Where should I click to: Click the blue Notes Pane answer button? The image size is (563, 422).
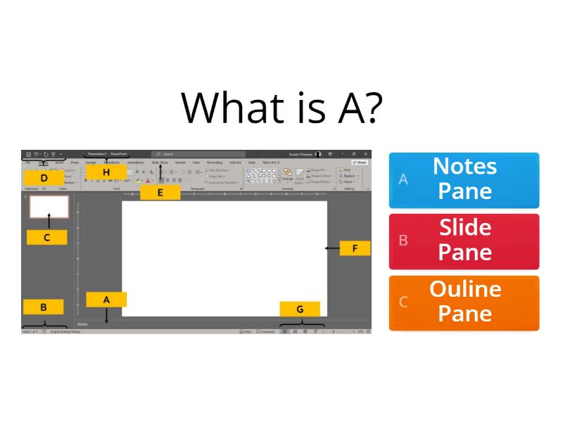pyautogui.click(x=464, y=179)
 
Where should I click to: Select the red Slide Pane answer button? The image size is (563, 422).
pyautogui.click(x=464, y=241)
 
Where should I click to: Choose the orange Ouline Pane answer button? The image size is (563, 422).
pyautogui.click(x=464, y=302)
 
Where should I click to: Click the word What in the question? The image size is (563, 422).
pyautogui.click(x=224, y=107)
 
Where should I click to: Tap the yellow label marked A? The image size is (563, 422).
pyautogui.click(x=106, y=299)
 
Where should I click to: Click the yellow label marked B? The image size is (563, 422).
pyautogui.click(x=44, y=307)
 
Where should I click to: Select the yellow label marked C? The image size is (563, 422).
pyautogui.click(x=46, y=237)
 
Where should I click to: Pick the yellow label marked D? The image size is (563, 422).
pyautogui.click(x=44, y=178)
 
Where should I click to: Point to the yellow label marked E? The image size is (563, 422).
pyautogui.click(x=160, y=192)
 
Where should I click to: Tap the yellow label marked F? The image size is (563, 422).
pyautogui.click(x=355, y=248)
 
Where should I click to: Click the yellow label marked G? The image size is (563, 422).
pyautogui.click(x=300, y=309)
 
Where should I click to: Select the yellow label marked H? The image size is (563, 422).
pyautogui.click(x=106, y=171)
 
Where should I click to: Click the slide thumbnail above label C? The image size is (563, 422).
pyautogui.click(x=49, y=206)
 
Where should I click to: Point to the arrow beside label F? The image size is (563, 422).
pyautogui.click(x=331, y=248)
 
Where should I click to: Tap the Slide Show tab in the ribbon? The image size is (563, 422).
pyautogui.click(x=160, y=162)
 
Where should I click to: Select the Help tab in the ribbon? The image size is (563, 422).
pyautogui.click(x=251, y=162)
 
